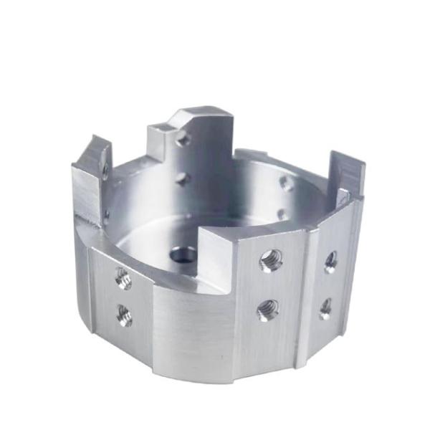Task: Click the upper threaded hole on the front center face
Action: (270, 260)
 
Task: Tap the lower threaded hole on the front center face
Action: (268, 310)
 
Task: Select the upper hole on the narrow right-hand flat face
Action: (330, 261)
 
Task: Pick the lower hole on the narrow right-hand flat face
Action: (325, 308)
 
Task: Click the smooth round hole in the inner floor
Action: (183, 254)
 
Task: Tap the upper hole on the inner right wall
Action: (286, 183)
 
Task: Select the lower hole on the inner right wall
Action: (282, 214)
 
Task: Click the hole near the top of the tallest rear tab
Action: (183, 138)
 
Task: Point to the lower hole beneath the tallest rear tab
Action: (182, 178)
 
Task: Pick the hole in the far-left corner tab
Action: (105, 171)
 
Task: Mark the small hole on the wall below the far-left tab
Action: (106, 213)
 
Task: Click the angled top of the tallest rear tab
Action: (204, 113)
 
